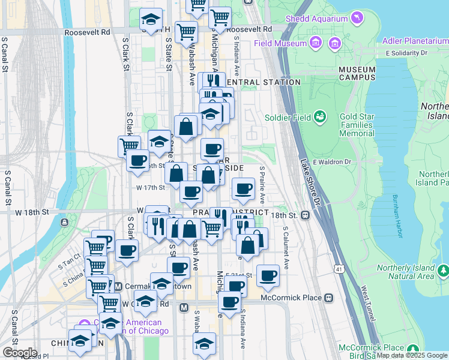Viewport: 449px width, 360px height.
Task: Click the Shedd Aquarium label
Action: (x=317, y=19)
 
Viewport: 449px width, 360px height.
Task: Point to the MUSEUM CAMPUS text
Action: (x=357, y=74)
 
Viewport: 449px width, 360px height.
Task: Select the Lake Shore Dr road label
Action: (x=311, y=179)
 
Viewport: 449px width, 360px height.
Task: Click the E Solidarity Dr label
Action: (x=407, y=53)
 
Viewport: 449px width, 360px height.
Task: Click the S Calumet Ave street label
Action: (x=286, y=247)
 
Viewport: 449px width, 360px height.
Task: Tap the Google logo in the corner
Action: (x=20, y=352)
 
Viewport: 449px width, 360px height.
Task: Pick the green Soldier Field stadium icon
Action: (x=321, y=116)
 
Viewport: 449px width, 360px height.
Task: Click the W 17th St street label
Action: (x=150, y=187)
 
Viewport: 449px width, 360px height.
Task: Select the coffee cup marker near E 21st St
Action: (x=268, y=275)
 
